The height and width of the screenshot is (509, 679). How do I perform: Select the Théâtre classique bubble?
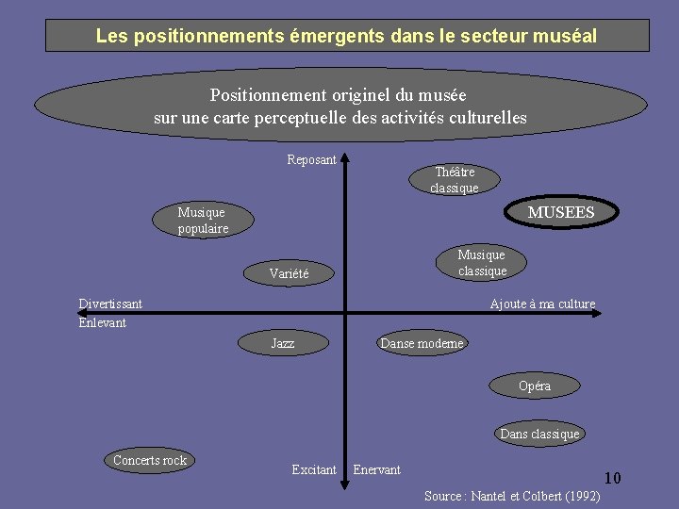[455, 179]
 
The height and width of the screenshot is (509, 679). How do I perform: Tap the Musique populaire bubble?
[203, 221]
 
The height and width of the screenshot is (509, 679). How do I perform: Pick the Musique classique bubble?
[482, 263]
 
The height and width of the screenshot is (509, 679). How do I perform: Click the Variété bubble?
[289, 274]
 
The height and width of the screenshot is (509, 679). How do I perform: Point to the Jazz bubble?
[283, 343]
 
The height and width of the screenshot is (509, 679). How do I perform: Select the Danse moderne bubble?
[422, 343]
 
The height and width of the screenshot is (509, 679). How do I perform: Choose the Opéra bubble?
[535, 386]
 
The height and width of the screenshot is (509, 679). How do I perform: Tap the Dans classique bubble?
[539, 434]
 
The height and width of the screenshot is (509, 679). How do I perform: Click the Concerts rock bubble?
[150, 460]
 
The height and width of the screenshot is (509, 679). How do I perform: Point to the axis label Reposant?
[311, 159]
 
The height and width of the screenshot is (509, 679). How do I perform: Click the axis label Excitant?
[314, 469]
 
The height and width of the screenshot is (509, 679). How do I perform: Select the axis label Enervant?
[376, 469]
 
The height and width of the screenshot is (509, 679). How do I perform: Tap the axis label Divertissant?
[110, 304]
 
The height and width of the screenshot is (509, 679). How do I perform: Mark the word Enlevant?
[102, 322]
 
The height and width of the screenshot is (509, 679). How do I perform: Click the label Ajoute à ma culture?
[542, 304]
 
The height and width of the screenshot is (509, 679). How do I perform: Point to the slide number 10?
[612, 478]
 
